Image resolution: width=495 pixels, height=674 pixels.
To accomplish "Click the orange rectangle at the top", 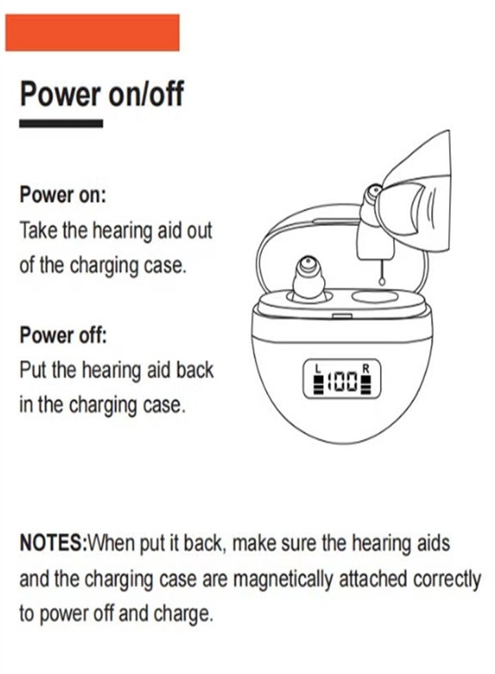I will click(x=92, y=32).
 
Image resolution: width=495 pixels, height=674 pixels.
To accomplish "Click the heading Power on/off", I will click(x=102, y=93).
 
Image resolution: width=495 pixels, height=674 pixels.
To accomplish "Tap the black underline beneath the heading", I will click(x=60, y=124).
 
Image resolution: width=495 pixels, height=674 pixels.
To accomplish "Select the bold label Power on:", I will click(x=63, y=194).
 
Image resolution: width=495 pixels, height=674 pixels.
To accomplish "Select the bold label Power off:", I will click(x=63, y=336).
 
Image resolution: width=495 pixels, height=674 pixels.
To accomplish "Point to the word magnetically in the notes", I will click(x=283, y=579).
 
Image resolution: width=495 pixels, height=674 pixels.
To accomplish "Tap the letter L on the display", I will click(x=317, y=368).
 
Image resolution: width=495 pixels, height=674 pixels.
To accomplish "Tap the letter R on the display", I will click(x=366, y=368).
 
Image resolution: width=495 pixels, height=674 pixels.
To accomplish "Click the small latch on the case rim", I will click(x=339, y=316).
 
